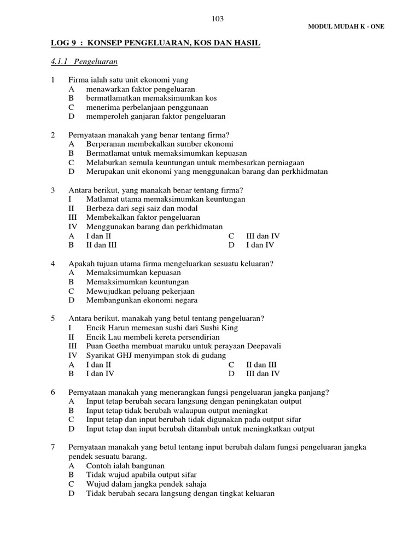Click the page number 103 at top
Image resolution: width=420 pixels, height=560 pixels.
tap(218, 19)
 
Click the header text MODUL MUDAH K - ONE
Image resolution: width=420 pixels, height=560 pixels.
tap(347, 27)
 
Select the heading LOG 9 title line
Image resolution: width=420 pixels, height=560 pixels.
tap(155, 43)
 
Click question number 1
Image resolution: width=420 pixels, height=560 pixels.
tap(53, 80)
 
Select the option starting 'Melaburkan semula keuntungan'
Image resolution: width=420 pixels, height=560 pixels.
tap(195, 162)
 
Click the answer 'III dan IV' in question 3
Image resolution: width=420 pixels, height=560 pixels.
tap(263, 236)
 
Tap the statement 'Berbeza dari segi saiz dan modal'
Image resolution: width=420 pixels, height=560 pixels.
tap(142, 208)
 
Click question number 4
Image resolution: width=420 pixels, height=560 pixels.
tap(53, 264)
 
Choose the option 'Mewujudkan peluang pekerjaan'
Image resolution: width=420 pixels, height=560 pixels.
tap(140, 291)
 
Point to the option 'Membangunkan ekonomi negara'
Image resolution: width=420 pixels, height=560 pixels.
tap(142, 300)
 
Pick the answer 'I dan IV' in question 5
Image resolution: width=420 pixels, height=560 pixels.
tap(100, 374)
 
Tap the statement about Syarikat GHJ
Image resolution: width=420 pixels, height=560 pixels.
tap(156, 355)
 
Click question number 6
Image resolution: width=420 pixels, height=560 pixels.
tap(53, 392)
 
